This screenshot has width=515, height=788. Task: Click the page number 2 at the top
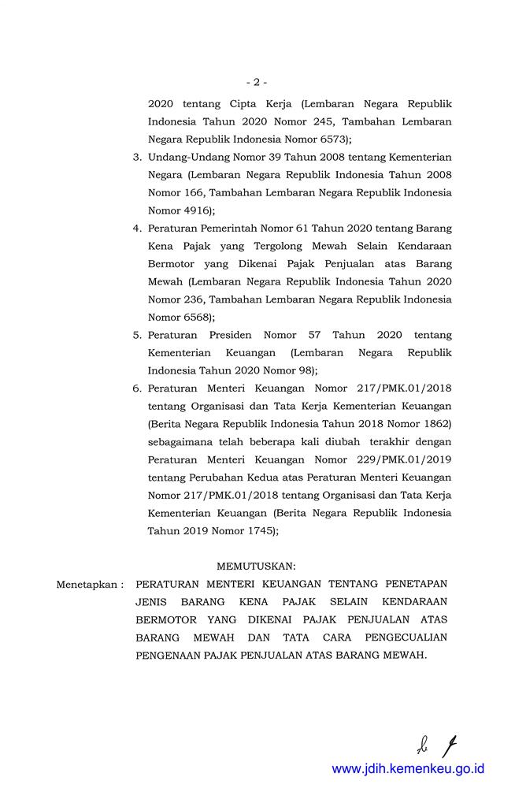pyautogui.click(x=257, y=81)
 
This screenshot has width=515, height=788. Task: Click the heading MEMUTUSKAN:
pyautogui.click(x=256, y=567)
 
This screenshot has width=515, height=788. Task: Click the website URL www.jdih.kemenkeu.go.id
pyautogui.click(x=408, y=768)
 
